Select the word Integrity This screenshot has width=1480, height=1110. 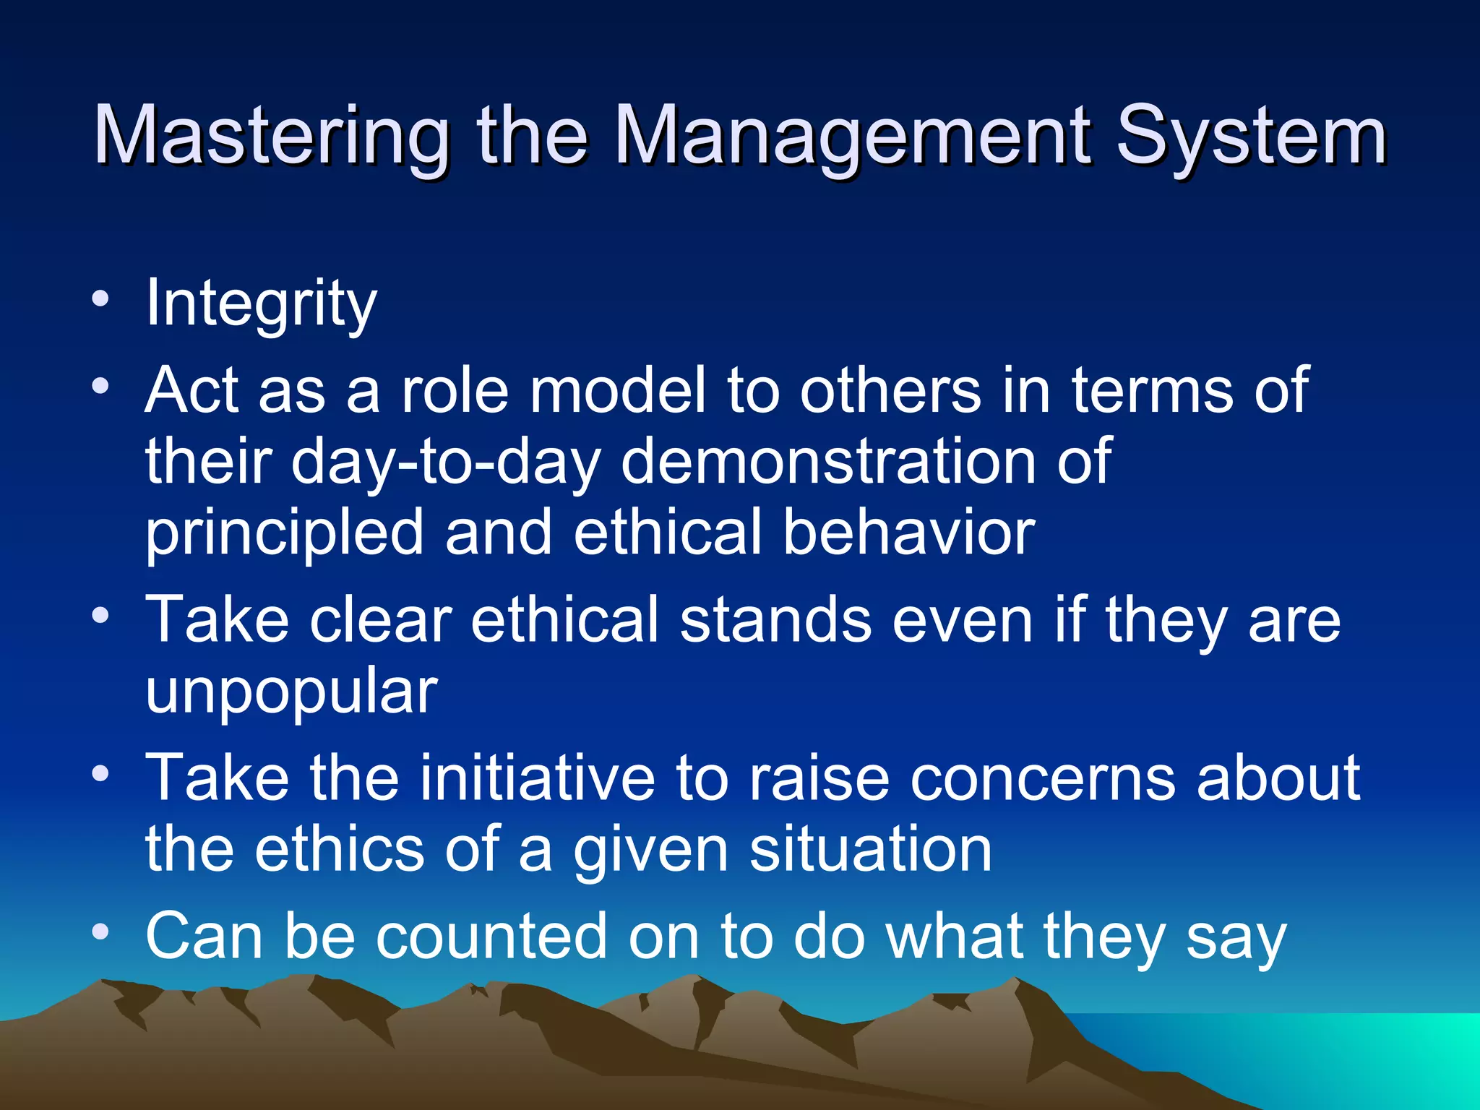coord(261,304)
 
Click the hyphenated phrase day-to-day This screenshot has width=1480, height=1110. coord(445,462)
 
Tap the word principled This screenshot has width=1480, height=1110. coord(284,533)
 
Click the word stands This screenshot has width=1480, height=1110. coord(775,620)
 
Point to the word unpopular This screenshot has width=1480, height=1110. coord(291,692)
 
